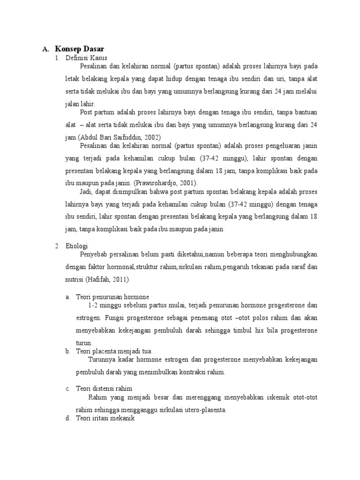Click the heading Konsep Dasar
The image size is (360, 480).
point(79,49)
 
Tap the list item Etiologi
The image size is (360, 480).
point(77,246)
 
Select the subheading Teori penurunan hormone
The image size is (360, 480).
point(112,297)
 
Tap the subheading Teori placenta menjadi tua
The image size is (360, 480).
point(113,351)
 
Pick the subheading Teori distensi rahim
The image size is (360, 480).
point(104,389)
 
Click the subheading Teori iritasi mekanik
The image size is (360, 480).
point(105,419)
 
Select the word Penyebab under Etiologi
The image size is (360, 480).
point(94,254)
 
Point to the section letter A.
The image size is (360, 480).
point(45,49)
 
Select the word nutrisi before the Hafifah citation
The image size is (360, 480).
point(75,279)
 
